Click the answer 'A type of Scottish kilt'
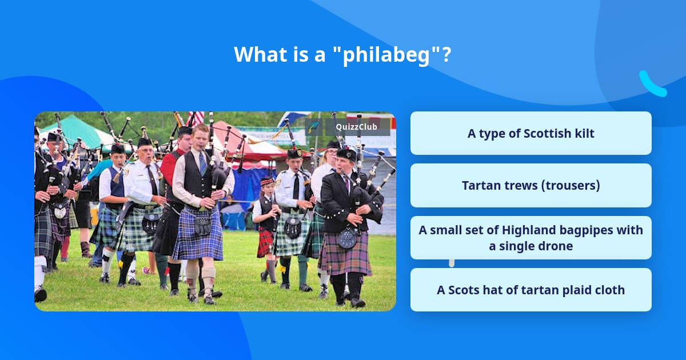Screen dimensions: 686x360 click(531, 134)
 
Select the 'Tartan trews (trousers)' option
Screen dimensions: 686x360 click(531, 186)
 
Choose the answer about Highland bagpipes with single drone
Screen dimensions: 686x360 click(531, 238)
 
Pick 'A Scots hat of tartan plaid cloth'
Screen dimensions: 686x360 click(531, 290)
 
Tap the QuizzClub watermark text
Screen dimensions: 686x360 click(357, 127)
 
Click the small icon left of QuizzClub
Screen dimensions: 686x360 click(314, 127)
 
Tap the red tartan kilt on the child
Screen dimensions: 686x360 click(265, 242)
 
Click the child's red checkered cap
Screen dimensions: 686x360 click(268, 182)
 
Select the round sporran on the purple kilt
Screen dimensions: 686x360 click(348, 238)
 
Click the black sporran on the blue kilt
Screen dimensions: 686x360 click(202, 225)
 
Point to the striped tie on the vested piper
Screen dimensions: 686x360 click(202, 163)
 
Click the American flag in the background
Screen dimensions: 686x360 click(196, 118)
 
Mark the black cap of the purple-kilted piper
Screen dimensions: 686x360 click(346, 154)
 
